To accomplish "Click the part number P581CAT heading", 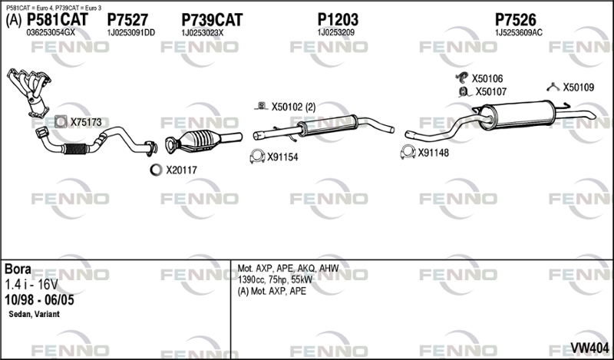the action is [57, 20].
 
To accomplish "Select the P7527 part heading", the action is [127, 20].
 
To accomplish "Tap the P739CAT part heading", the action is [212, 20].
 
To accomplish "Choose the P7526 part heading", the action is [515, 20].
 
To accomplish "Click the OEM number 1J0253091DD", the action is [130, 33].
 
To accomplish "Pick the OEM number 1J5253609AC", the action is [519, 33].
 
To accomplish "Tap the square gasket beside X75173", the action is [61, 122].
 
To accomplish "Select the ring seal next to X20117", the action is [156, 170].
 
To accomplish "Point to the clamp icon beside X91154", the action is [257, 157].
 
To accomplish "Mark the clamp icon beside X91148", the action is [408, 152].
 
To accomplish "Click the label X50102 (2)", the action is [293, 107].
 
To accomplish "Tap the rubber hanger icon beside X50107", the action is [464, 91].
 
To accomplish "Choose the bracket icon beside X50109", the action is [553, 88].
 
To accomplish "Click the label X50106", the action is [487, 79].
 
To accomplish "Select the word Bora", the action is [18, 269].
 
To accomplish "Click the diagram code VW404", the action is [589, 348].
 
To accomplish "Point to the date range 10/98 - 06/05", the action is [39, 300].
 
